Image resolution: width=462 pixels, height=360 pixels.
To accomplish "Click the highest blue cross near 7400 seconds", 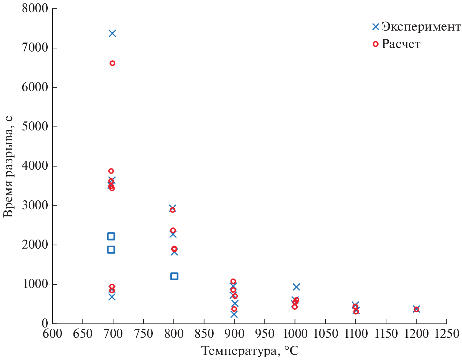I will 112,33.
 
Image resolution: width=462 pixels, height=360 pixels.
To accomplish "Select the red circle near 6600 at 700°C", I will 112,63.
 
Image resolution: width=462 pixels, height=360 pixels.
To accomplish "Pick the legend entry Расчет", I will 401,44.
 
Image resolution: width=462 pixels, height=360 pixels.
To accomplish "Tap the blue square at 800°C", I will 174,276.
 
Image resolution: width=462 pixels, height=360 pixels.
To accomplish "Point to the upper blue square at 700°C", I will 111,236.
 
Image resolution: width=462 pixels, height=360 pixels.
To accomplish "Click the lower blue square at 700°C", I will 111,250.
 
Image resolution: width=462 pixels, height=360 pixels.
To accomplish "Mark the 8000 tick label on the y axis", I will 35,8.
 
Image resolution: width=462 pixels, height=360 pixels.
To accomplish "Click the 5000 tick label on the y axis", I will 35,127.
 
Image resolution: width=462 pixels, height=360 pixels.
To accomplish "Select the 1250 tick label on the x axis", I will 447,334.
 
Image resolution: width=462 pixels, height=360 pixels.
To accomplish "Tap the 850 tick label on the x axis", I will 204,334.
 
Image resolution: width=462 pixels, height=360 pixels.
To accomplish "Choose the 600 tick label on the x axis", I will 53,334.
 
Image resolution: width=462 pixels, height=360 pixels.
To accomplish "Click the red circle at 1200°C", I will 416,309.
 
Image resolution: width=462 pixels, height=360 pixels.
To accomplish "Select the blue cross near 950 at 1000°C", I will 296,287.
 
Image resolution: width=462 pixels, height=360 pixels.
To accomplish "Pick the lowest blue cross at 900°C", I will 234,314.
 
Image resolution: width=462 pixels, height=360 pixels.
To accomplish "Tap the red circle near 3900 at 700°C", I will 111,171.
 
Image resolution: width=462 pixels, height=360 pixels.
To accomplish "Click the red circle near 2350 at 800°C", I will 173,230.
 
